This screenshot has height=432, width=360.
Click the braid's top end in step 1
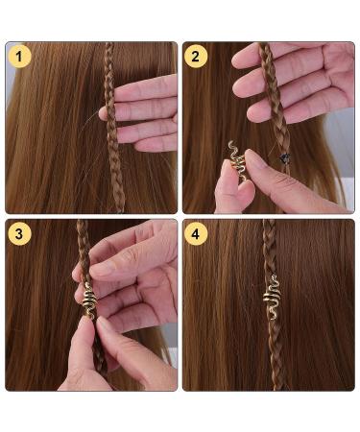tap(108, 50)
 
